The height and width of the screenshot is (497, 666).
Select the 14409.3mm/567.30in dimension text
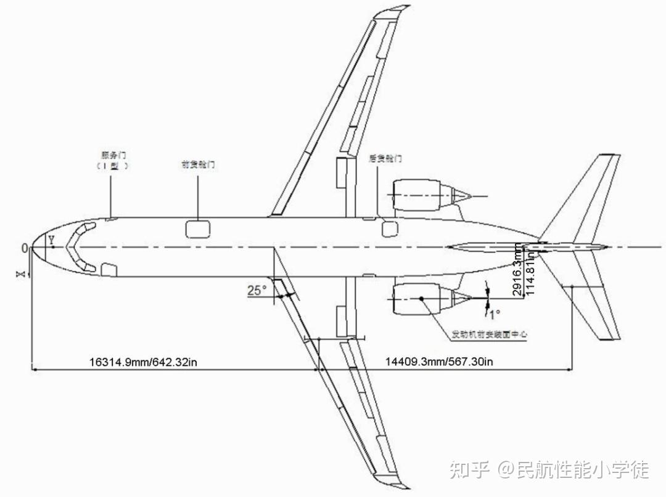[x=439, y=361]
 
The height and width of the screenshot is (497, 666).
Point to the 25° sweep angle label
[x=257, y=290]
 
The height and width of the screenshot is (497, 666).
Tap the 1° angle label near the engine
[x=495, y=314]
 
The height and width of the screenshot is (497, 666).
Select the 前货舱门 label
[x=197, y=165]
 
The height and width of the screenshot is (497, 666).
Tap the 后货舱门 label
[x=385, y=158]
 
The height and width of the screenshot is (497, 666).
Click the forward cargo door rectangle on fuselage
[x=197, y=228]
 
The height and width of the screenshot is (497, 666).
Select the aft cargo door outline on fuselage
[x=390, y=228]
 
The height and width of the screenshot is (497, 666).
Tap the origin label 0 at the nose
[x=25, y=248]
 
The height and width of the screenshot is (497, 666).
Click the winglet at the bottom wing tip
[x=397, y=481]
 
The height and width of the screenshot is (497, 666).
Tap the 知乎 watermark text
[x=469, y=470]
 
